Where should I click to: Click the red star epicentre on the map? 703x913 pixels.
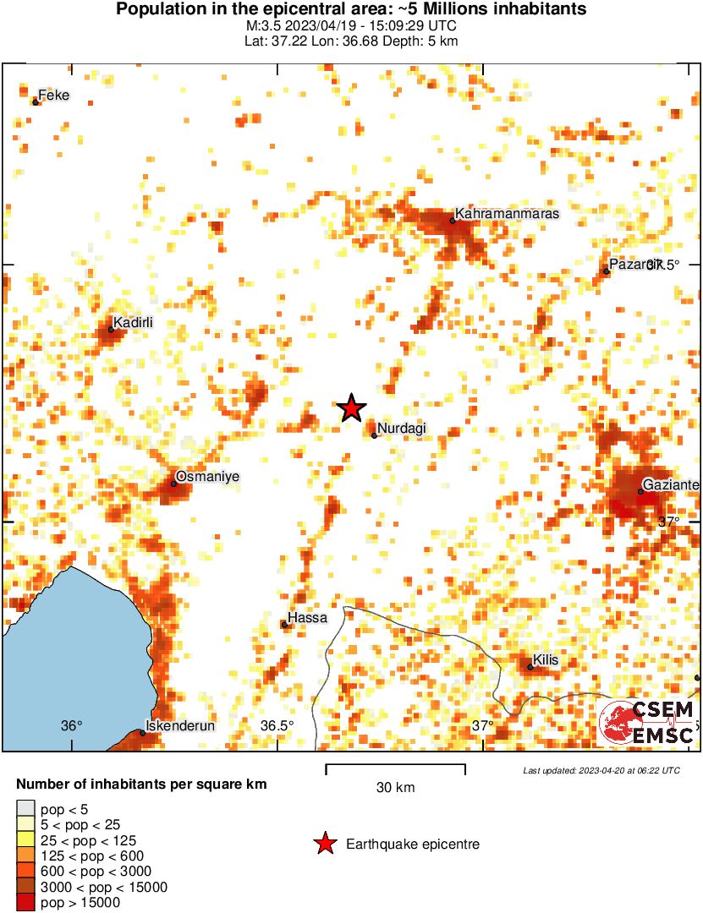[x=351, y=408]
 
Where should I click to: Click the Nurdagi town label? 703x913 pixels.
[x=401, y=429]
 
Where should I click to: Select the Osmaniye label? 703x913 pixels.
[x=207, y=477]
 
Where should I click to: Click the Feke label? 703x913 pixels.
[x=54, y=96]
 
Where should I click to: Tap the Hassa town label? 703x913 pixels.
[x=307, y=618]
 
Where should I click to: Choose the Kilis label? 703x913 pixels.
[x=546, y=660]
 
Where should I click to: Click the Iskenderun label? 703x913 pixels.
[x=180, y=725]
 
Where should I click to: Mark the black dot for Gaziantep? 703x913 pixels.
[x=640, y=491]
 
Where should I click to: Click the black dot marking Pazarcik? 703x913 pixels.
[x=607, y=271]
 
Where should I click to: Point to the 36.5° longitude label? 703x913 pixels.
[x=277, y=725]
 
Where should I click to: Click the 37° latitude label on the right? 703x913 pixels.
[x=668, y=522]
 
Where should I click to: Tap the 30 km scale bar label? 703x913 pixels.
[x=395, y=788]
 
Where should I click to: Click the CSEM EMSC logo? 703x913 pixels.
[x=648, y=723]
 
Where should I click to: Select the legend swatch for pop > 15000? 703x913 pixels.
[x=26, y=902]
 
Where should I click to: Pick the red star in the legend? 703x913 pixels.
[x=324, y=844]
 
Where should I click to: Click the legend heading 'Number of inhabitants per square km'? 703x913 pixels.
[x=141, y=785]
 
